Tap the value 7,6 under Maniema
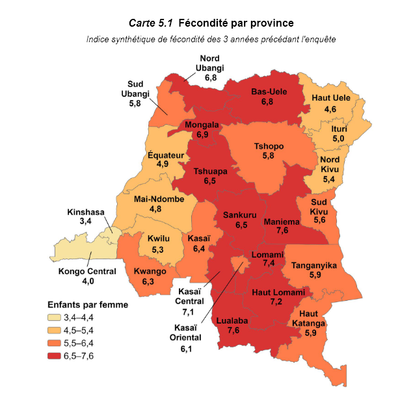[x=282, y=230]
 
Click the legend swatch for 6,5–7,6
[x=54, y=355]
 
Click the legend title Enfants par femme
[x=87, y=304]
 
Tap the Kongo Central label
[x=87, y=271]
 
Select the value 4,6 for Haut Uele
[x=330, y=109]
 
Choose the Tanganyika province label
[x=313, y=265]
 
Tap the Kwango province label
[x=149, y=272]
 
